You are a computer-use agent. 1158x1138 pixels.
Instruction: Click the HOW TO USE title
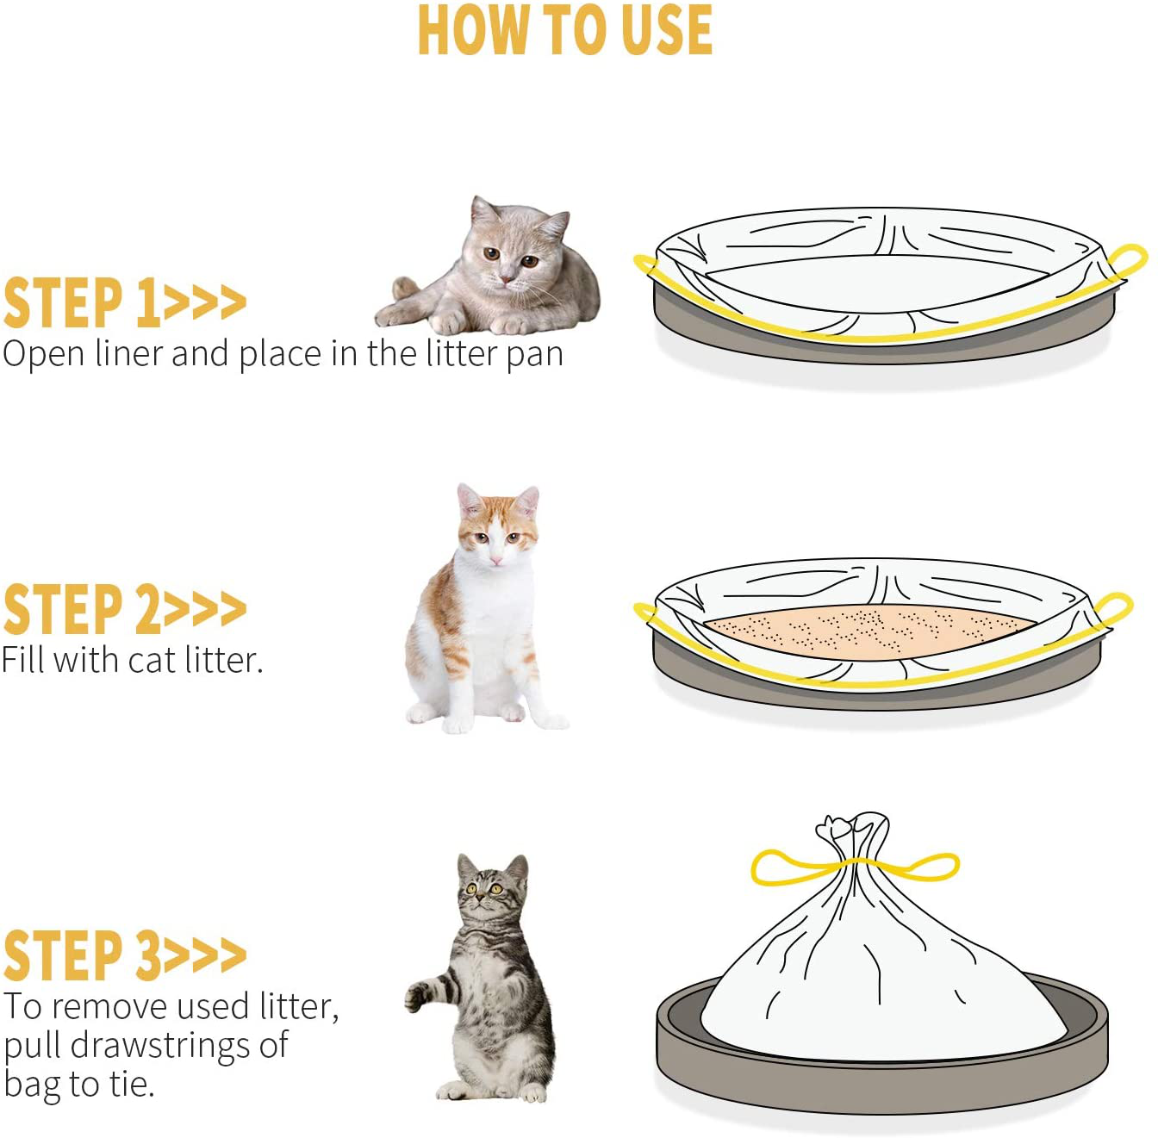[564, 31]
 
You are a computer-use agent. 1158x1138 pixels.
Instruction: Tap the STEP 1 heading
[124, 303]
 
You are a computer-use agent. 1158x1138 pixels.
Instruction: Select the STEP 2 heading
[124, 609]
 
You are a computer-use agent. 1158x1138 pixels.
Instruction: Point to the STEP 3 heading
[124, 955]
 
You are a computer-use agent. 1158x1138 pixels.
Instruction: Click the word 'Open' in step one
[42, 354]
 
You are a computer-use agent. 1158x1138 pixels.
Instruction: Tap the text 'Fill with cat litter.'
[132, 661]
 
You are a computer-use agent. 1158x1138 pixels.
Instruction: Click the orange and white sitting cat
[482, 612]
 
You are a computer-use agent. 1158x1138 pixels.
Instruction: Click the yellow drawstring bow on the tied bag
[853, 866]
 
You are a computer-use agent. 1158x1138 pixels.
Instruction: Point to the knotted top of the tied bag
[849, 832]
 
